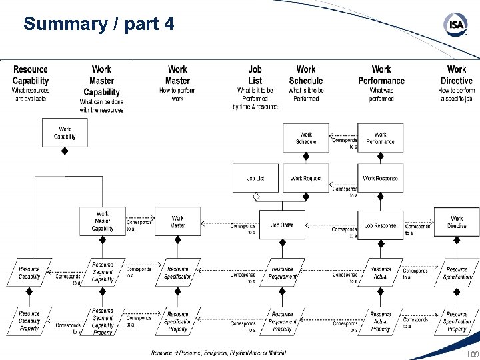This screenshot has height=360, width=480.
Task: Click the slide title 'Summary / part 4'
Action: pos(99,24)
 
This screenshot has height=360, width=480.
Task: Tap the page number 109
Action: pos(471,354)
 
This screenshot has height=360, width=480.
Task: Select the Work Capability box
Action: pos(65,133)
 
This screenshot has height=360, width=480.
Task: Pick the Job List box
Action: pos(255,178)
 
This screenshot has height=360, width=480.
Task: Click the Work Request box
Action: pos(306,178)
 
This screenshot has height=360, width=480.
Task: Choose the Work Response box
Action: pos(381,178)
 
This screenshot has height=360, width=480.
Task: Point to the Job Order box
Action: pos(282,225)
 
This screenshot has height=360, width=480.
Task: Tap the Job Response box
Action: pos(381,225)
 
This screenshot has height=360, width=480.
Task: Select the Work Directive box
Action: pos(457,222)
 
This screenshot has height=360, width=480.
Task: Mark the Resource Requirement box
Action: pos(282,273)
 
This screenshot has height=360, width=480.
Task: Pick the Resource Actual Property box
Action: pos(381,321)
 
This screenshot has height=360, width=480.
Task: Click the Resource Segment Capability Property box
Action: pos(102,321)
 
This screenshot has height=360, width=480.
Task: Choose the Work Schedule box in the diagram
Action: pos(306,138)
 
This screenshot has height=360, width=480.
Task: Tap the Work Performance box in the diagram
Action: pos(381,138)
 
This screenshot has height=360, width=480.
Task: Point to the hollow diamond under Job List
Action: pos(255,197)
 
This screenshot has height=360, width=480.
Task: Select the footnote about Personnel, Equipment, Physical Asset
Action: pos(218,353)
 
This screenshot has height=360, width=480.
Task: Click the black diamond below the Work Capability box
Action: pos(65,151)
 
